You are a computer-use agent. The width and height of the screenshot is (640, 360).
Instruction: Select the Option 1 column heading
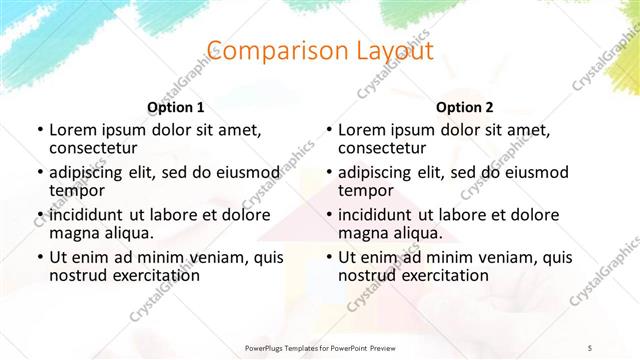point(176,107)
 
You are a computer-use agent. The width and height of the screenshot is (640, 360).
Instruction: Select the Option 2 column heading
point(465,107)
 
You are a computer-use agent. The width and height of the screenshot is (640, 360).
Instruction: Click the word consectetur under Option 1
point(97,148)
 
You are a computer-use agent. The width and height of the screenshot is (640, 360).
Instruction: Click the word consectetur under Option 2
point(386,148)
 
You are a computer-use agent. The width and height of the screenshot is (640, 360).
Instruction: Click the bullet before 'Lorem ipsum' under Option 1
point(39,130)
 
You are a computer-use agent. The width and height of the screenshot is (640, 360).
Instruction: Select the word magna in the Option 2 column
point(363,234)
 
